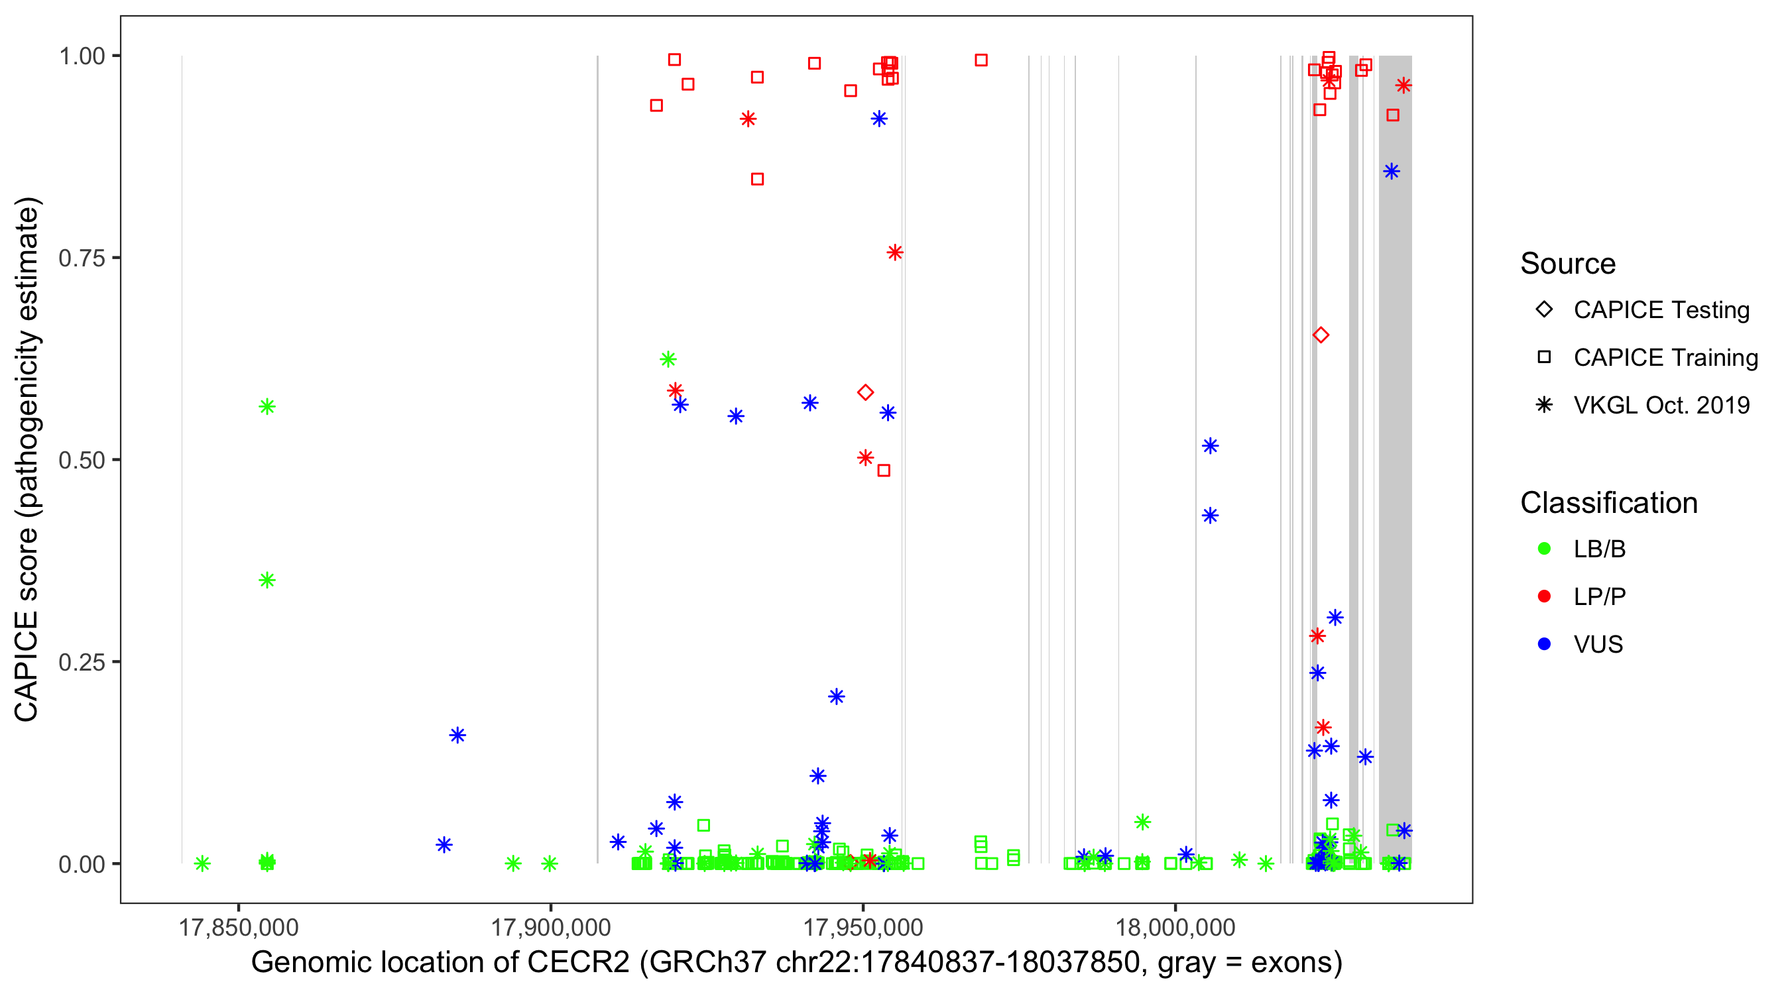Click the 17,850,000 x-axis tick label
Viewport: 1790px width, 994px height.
[239, 927]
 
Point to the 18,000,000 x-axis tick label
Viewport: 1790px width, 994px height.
[1175, 927]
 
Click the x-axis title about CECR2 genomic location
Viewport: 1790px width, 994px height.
[796, 963]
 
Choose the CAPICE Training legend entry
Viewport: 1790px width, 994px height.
[1544, 358]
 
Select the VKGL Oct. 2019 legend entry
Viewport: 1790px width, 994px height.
[1544, 405]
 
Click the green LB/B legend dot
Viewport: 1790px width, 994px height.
[1544, 549]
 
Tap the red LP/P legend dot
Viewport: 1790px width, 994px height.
[1544, 596]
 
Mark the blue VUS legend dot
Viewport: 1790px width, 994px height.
[1544, 644]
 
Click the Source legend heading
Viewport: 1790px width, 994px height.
[1568, 264]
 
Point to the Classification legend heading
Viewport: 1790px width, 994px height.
[1608, 503]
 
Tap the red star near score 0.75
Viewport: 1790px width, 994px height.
[895, 252]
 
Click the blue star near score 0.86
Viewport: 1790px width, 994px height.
[1391, 172]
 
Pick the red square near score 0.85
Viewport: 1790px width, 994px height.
[757, 179]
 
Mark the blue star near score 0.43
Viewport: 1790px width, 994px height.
[1210, 516]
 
